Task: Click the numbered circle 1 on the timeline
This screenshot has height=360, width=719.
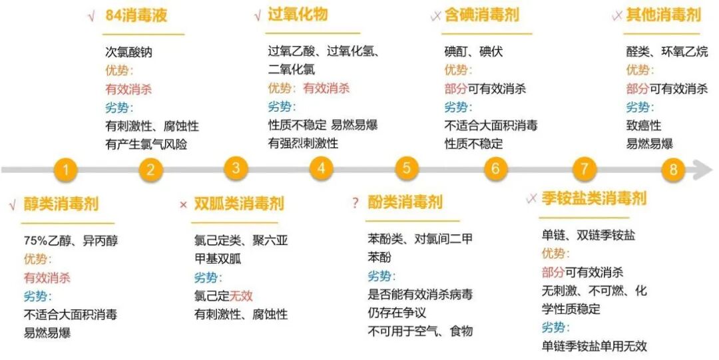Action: pos(65,170)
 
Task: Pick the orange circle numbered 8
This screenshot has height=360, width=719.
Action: pos(673,170)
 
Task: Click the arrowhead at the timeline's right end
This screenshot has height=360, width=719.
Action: pos(704,170)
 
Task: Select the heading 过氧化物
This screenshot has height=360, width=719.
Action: pos(298,15)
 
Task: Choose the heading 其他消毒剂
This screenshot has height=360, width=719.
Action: pos(663,15)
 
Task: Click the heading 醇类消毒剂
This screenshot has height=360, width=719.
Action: pos(61,204)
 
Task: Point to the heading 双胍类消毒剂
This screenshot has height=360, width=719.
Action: pos(239,203)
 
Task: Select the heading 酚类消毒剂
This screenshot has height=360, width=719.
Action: pos(405,202)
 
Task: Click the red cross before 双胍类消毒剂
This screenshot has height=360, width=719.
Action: pos(183,204)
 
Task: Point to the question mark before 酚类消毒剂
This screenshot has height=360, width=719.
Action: pos(355,203)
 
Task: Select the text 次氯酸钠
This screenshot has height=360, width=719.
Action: pos(128,52)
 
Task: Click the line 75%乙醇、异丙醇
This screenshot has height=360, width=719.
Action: pos(71,241)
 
